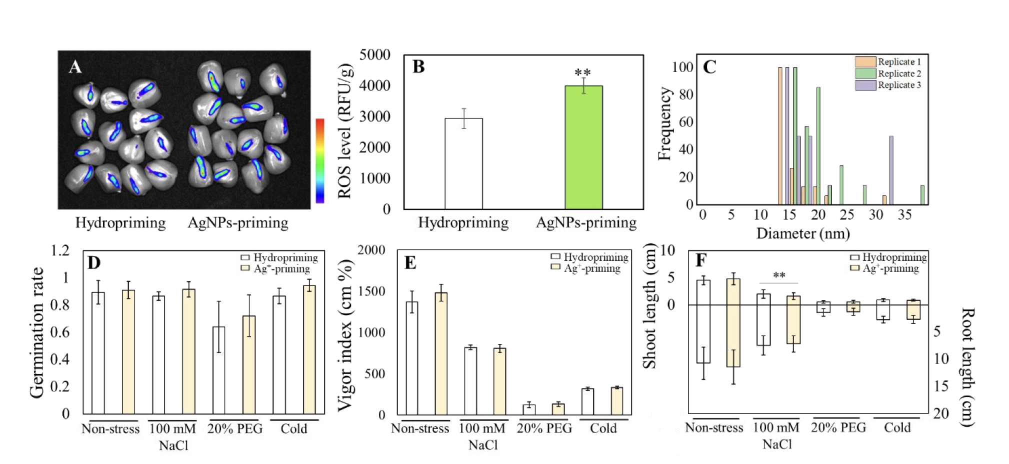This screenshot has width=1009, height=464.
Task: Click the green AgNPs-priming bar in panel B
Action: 583,147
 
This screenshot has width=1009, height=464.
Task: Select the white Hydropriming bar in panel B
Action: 463,163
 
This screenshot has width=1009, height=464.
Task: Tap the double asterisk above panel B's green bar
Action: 582,73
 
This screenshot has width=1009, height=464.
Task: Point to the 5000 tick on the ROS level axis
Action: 374,54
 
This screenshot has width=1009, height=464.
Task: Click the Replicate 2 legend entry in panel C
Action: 899,73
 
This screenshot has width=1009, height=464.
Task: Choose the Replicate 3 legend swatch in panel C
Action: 865,85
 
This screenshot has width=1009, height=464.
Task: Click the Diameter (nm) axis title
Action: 803,233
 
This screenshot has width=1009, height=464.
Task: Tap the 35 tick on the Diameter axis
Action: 904,215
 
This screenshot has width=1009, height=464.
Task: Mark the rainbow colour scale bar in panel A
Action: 320,160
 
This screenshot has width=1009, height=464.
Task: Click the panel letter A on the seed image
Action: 75,66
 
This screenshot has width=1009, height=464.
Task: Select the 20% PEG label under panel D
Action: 235,428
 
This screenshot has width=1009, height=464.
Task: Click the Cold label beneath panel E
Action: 603,428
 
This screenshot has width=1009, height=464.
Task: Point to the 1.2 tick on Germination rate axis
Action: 60,250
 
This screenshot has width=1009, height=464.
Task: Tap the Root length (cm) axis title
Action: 967,367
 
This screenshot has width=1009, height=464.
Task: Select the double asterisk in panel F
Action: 779,275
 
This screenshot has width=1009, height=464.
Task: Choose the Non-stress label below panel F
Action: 714,427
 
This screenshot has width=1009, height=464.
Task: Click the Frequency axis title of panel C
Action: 664,123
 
